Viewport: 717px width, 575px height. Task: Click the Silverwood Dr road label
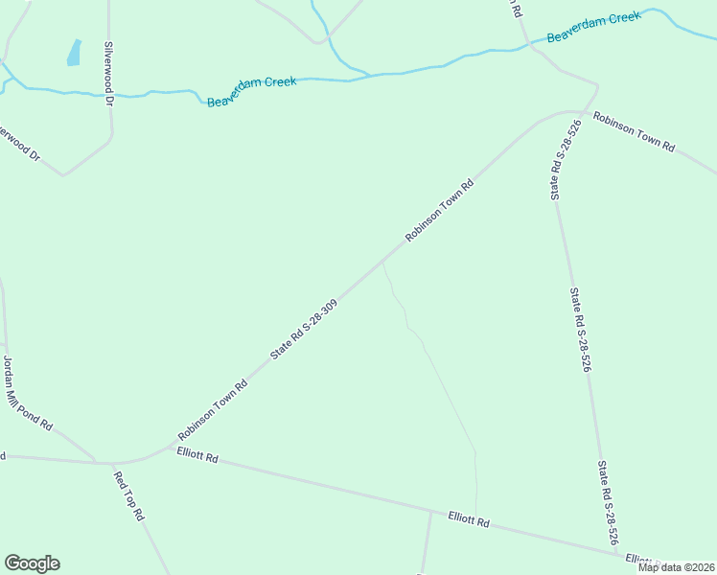[x=109, y=73]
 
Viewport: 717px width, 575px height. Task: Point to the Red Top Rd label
[x=128, y=496]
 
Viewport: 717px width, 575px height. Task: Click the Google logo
[x=32, y=563]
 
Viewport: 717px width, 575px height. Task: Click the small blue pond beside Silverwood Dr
[x=74, y=53]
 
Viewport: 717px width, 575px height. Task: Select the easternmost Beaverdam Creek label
[x=592, y=27]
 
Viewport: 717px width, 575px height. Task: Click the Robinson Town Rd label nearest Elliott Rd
[x=212, y=410]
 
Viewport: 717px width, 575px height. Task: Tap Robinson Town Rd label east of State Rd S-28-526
[x=634, y=133]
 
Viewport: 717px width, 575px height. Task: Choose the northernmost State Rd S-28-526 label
[x=566, y=159]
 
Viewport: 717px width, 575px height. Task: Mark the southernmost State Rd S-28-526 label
[x=608, y=504]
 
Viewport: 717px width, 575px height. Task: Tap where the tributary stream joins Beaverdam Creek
[x=368, y=74]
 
